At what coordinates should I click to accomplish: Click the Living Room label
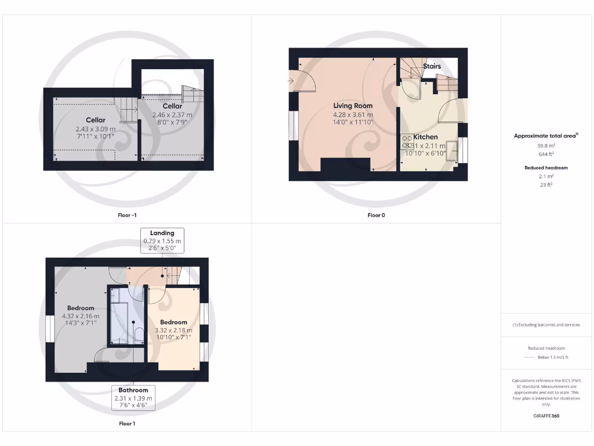point(353,106)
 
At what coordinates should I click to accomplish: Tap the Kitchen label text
point(425,137)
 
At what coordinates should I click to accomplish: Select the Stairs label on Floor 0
point(432,66)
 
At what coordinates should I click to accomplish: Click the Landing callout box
point(162,240)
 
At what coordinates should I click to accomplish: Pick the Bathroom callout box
point(133,398)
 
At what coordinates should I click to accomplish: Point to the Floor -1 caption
point(126,215)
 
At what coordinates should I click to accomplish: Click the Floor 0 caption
point(376,215)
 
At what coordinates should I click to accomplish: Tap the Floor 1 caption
point(126,423)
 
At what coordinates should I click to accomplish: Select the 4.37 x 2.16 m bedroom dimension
point(81,316)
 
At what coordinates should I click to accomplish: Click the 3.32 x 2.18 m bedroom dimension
point(173,330)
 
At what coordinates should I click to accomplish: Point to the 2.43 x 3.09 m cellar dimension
point(95,128)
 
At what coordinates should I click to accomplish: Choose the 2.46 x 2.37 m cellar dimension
point(172,115)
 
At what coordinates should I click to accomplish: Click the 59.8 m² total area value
point(546,146)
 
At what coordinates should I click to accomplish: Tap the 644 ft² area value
point(546,154)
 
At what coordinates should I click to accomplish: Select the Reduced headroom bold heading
point(546,168)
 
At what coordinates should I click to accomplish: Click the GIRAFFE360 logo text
point(546,416)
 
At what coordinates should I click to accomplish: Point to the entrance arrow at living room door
point(290,81)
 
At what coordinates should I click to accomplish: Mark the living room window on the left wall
point(292,125)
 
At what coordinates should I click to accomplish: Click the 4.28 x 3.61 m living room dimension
point(353,114)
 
